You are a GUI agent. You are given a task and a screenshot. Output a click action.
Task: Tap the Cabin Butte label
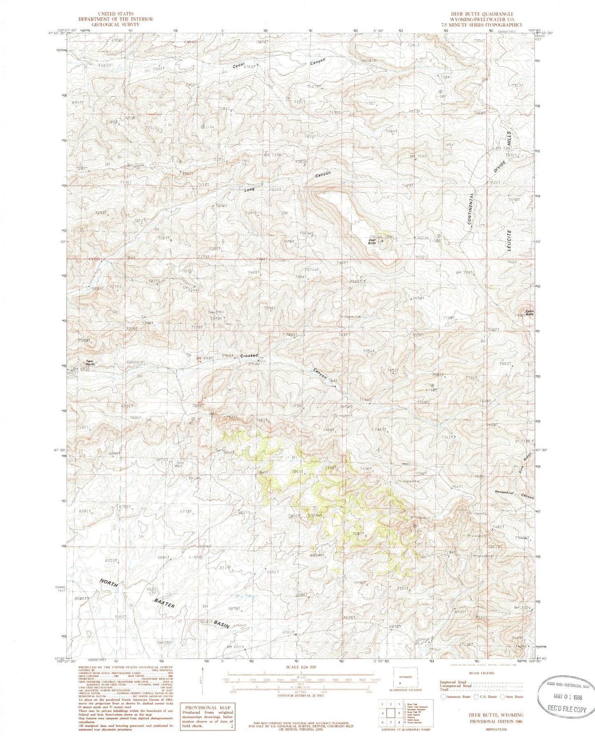pos(529,313)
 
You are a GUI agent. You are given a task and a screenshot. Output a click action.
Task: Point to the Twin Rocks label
pos(89,363)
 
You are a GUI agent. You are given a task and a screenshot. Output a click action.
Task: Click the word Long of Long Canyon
pos(250,189)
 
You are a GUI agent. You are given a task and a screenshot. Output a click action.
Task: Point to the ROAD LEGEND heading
pos(481,673)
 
